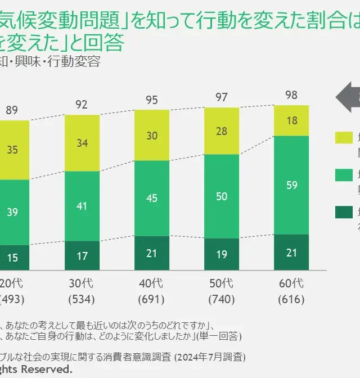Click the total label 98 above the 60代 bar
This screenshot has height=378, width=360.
tap(291, 95)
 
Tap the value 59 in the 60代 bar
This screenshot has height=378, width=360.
tap(291, 184)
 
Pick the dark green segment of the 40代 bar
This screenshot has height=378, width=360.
tap(152, 253)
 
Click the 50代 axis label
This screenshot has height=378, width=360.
tap(222, 283)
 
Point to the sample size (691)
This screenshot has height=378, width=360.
tap(152, 299)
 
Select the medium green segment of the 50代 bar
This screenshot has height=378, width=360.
tap(222, 196)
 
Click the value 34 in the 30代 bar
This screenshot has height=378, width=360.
tap(82, 143)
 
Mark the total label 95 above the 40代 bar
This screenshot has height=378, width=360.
tap(152, 100)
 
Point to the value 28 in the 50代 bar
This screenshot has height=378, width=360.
tap(222, 131)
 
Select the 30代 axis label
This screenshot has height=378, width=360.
tap(82, 283)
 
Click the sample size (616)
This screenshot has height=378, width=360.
tap(291, 299)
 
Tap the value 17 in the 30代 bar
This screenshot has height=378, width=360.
tap(82, 255)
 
